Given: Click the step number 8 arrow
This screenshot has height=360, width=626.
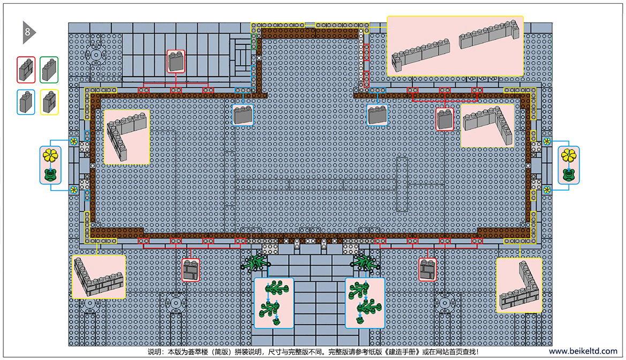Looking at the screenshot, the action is pyautogui.click(x=28, y=32).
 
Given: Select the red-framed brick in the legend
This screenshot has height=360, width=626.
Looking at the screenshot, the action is pyautogui.click(x=26, y=70).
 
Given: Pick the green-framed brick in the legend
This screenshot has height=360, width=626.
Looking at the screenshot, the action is pyautogui.click(x=49, y=70).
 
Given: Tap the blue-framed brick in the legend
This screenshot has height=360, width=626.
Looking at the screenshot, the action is pyautogui.click(x=26, y=102).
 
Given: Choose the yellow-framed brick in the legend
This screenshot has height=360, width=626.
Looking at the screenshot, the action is pyautogui.click(x=49, y=102).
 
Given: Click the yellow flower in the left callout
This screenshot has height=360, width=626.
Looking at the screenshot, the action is pyautogui.click(x=50, y=155).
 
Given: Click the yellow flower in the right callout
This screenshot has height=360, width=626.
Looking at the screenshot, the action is pyautogui.click(x=569, y=155).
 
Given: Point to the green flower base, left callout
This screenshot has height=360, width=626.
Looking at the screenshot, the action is pyautogui.click(x=50, y=175).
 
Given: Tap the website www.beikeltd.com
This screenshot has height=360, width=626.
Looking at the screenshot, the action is pyautogui.click(x=583, y=351).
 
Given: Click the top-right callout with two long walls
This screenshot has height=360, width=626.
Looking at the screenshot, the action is pyautogui.click(x=455, y=47).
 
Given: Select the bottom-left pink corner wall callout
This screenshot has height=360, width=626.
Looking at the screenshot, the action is pyautogui.click(x=99, y=277).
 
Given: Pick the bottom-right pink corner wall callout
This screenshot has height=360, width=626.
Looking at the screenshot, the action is pyautogui.click(x=519, y=286).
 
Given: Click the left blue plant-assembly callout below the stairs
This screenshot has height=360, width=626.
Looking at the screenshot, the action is pyautogui.click(x=274, y=303).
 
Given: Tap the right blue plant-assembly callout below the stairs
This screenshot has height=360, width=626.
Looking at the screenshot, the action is pyautogui.click(x=365, y=303).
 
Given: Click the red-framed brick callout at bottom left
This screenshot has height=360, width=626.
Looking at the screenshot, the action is pyautogui.click(x=191, y=269).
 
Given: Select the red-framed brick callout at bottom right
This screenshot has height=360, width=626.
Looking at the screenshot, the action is pyautogui.click(x=427, y=269).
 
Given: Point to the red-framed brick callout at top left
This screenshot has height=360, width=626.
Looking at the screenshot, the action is pyautogui.click(x=176, y=62).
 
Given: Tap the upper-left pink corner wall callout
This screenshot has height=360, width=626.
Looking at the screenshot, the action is pyautogui.click(x=126, y=137).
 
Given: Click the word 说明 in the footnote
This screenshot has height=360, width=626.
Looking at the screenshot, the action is pyautogui.click(x=154, y=352).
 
